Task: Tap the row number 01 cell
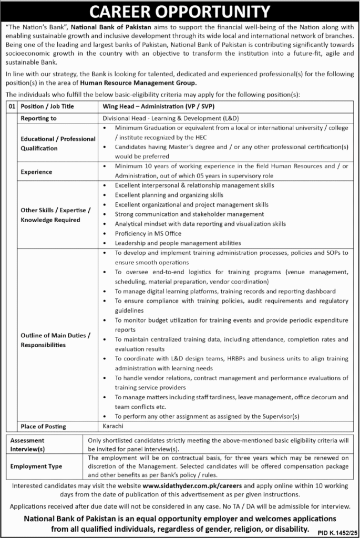pyautogui.click(x=12, y=106)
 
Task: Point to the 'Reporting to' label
pyautogui.click(x=38, y=119)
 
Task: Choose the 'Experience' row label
pyautogui.click(x=36, y=172)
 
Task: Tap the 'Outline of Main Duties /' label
pyautogui.click(x=56, y=335)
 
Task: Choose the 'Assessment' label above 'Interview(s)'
pyautogui.click(x=28, y=440)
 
